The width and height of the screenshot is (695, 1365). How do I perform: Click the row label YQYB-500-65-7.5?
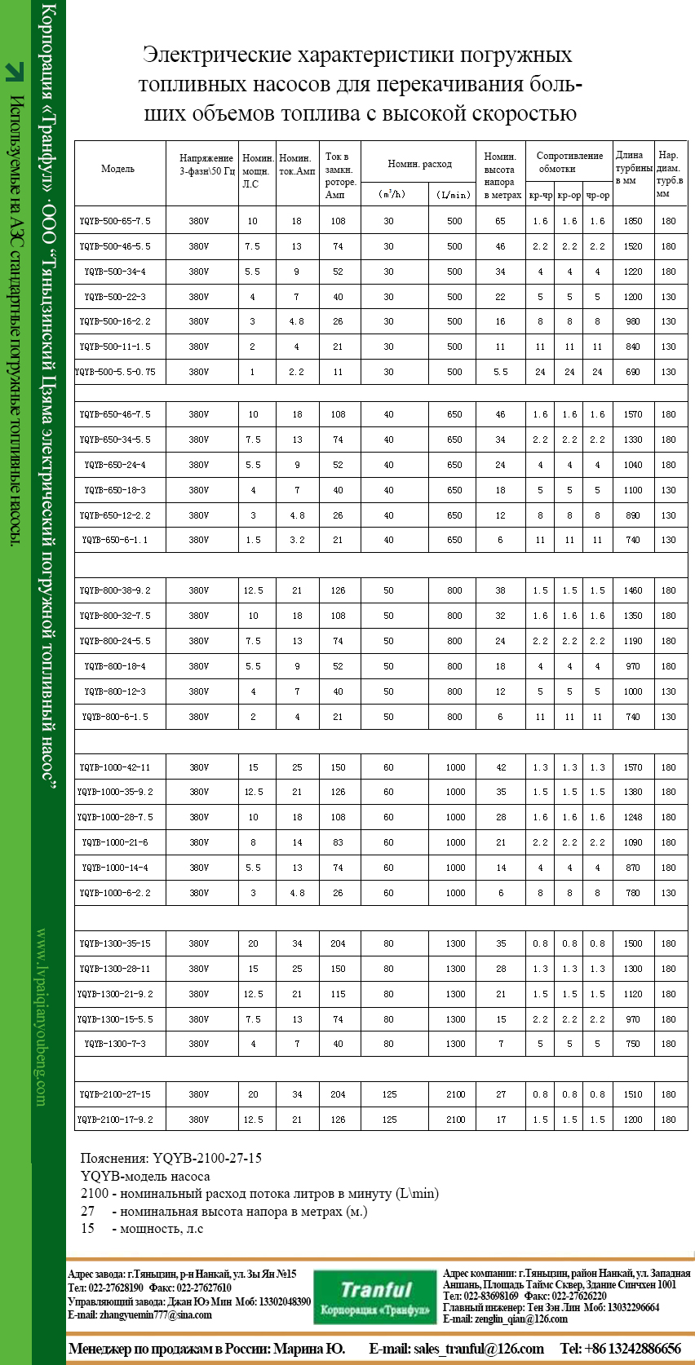pyautogui.click(x=115, y=221)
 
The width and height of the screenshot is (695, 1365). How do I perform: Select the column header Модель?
pyautogui.click(x=117, y=169)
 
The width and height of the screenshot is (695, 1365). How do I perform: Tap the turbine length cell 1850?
pyautogui.click(x=633, y=221)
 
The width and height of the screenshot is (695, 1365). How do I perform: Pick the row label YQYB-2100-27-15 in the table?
pyautogui.click(x=115, y=1094)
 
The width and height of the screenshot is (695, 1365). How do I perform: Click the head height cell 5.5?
pyautogui.click(x=500, y=372)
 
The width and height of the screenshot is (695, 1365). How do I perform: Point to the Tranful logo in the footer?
pyautogui.click(x=375, y=1297)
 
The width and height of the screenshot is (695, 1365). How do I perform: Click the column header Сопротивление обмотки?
pyautogui.click(x=569, y=162)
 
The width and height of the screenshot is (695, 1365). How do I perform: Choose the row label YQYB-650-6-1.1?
pyautogui.click(x=115, y=540)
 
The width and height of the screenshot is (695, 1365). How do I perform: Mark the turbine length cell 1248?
pyautogui.click(x=633, y=817)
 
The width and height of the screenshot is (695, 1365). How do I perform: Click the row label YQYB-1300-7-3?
pyautogui.click(x=115, y=1044)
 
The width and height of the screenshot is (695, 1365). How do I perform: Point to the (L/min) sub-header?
pyautogui.click(x=454, y=195)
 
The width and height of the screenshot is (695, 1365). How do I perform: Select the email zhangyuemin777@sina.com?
pyautogui.click(x=139, y=1314)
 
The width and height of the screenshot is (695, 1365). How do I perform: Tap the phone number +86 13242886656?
pyautogui.click(x=631, y=1349)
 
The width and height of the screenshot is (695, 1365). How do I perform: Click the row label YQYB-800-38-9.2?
pyautogui.click(x=115, y=590)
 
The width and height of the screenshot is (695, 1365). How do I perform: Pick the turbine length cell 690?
pyautogui.click(x=633, y=372)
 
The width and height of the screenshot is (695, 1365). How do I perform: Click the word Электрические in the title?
pyautogui.click(x=217, y=55)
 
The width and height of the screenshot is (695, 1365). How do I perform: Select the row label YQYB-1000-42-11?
pyautogui.click(x=115, y=767)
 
